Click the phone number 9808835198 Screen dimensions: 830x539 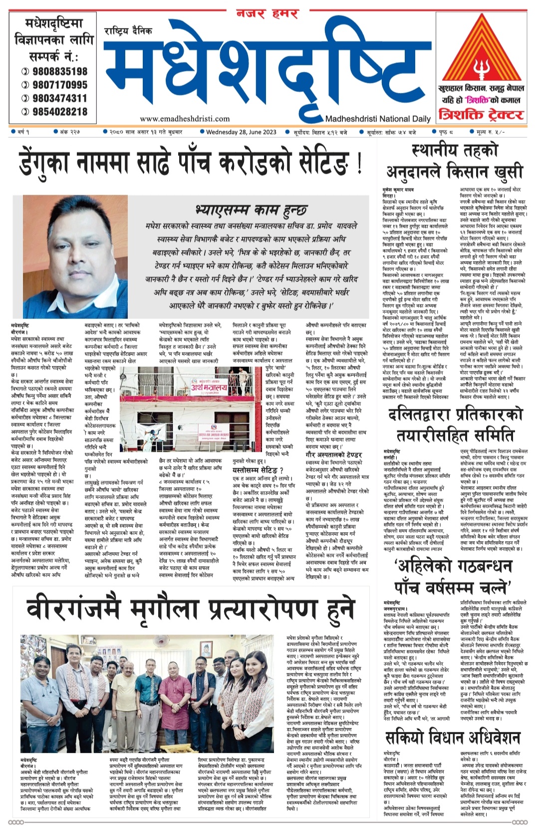(x=59, y=71)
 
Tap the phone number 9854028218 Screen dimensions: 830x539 (x=59, y=112)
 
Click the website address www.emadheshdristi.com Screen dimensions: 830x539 (x=185, y=119)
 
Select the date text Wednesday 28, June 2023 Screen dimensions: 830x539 (x=241, y=132)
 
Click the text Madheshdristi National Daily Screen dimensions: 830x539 (x=378, y=119)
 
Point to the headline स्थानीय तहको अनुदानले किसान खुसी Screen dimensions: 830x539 (x=455, y=161)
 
